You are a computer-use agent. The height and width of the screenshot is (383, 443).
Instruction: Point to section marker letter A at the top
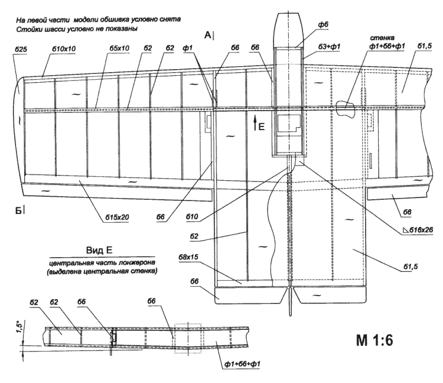(208, 37)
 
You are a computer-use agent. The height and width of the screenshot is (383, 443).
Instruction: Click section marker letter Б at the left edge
(21, 211)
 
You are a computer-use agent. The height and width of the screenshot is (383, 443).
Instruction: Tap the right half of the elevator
(331, 294)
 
